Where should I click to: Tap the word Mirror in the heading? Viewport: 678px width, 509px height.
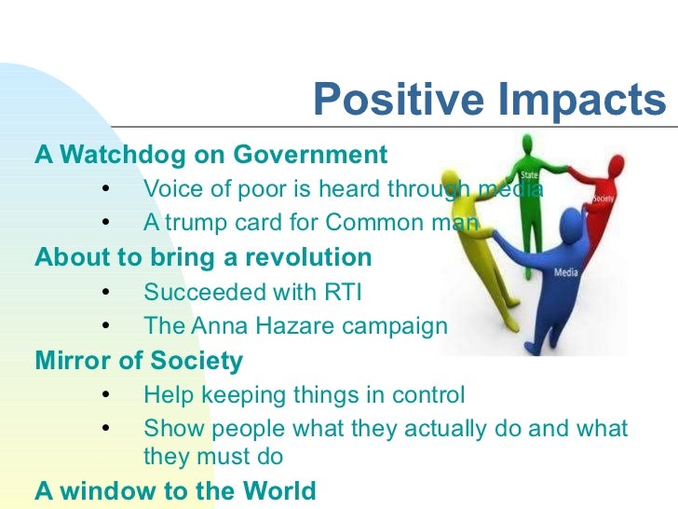click(x=72, y=361)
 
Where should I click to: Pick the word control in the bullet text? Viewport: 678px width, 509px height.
click(x=425, y=395)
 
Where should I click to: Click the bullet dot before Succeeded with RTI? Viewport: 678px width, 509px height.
click(x=105, y=293)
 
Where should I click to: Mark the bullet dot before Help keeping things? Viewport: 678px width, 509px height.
click(x=105, y=395)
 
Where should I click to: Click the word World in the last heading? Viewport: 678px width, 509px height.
click(x=276, y=490)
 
